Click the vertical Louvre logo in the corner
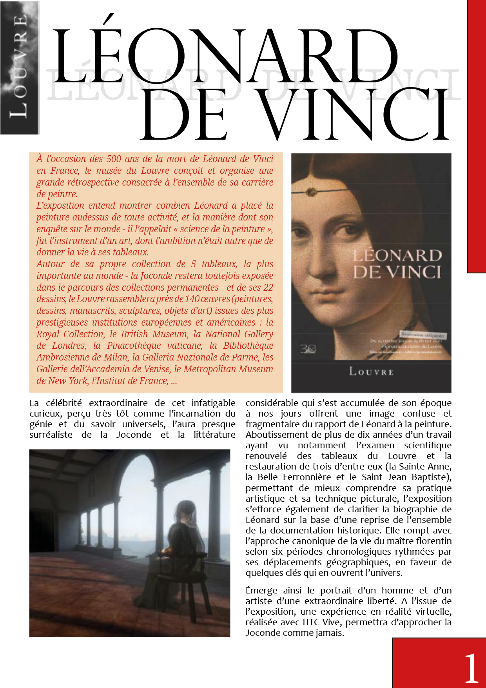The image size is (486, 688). coord(20,67)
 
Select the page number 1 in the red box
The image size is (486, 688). coord(471,668)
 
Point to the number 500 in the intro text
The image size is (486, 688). coord(114,159)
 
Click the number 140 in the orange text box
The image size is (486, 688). coord(192,299)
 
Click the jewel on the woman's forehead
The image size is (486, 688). coord(312,192)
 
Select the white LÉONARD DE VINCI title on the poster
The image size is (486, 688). coord(397,264)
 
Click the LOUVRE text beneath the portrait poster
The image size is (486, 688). coord(371,371)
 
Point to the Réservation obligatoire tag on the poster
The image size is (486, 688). coord(423,335)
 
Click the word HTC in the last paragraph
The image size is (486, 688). coord(311,622)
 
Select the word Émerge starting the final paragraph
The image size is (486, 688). coord(261,591)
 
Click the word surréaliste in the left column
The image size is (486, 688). coord(51,435)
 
